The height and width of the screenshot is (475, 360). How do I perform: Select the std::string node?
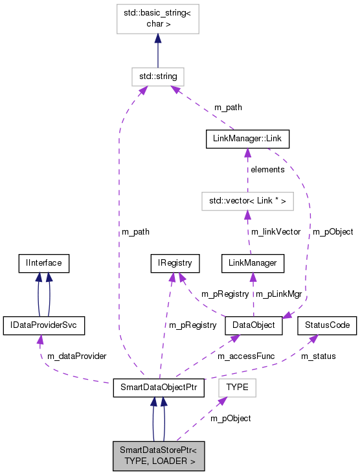(x=157, y=76)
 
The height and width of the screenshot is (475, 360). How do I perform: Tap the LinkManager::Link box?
(x=247, y=139)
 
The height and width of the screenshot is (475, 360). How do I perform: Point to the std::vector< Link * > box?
(x=247, y=201)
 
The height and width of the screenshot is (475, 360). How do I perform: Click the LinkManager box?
(x=253, y=263)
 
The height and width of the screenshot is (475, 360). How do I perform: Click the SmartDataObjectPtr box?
(x=159, y=388)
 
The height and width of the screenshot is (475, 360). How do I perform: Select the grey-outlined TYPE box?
(x=238, y=388)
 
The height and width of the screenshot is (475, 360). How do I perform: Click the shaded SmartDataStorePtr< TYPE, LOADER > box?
(x=159, y=456)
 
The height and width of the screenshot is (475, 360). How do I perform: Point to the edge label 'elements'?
(x=267, y=170)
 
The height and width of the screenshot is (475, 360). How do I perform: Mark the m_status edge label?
(x=318, y=356)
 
